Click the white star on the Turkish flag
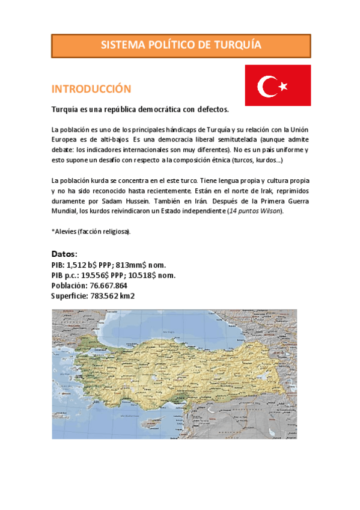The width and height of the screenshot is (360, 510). point(282,87)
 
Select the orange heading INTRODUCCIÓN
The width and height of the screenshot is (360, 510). point(91,89)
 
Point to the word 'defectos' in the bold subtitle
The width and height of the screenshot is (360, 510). point(211,110)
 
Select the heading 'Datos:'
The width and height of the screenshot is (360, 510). point(64,254)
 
